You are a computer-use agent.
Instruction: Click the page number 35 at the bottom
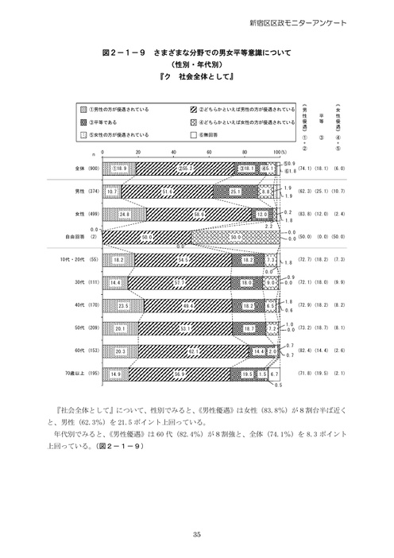197,535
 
